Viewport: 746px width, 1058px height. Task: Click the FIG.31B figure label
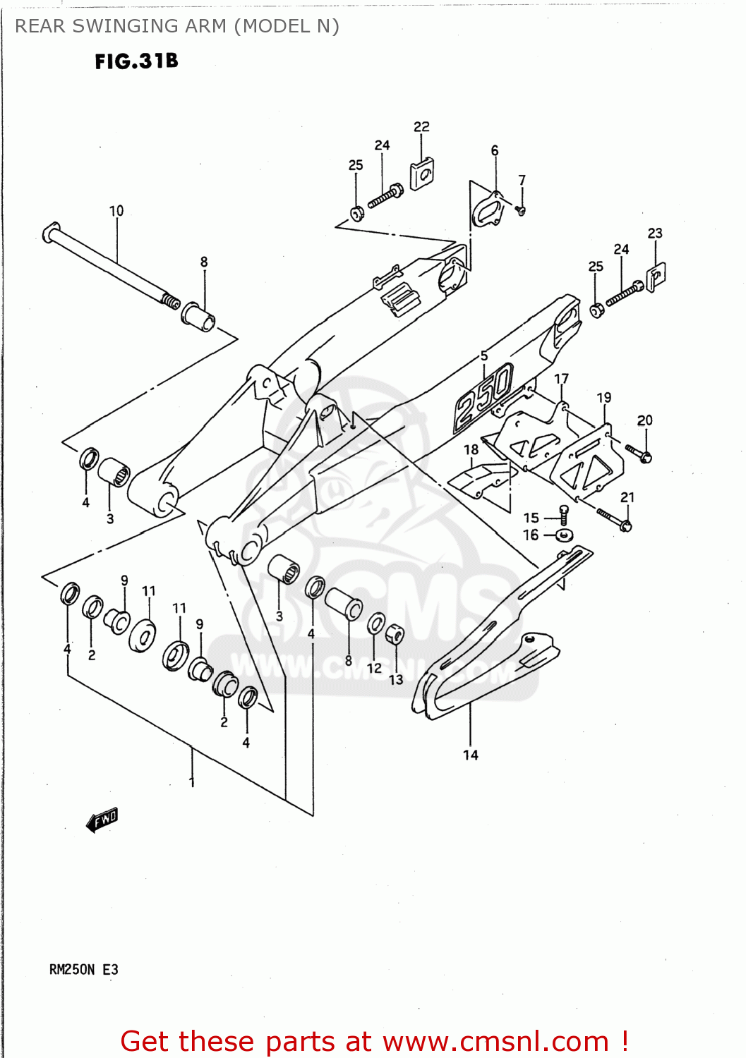point(136,61)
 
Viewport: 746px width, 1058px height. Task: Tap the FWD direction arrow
point(102,820)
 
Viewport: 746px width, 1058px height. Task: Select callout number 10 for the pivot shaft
point(116,211)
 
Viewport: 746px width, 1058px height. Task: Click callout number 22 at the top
point(421,127)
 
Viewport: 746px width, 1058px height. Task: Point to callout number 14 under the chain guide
point(470,755)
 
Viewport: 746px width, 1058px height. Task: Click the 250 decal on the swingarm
point(483,398)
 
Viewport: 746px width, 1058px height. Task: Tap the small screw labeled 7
point(522,209)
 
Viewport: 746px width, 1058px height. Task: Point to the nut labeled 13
point(396,633)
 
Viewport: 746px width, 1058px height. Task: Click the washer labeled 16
point(564,535)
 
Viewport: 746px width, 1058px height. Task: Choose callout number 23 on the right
point(655,233)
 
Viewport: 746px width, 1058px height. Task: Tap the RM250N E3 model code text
point(83,970)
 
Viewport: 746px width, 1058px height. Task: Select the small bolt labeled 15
point(563,516)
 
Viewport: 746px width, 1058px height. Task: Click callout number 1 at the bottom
point(191,782)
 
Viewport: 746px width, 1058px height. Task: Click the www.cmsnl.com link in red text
point(495,1042)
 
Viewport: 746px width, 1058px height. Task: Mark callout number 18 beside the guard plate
point(471,450)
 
